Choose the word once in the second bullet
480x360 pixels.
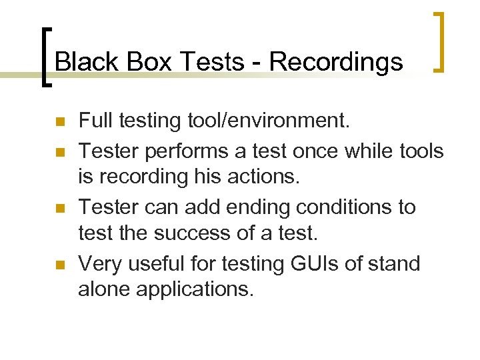pos(315,151)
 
